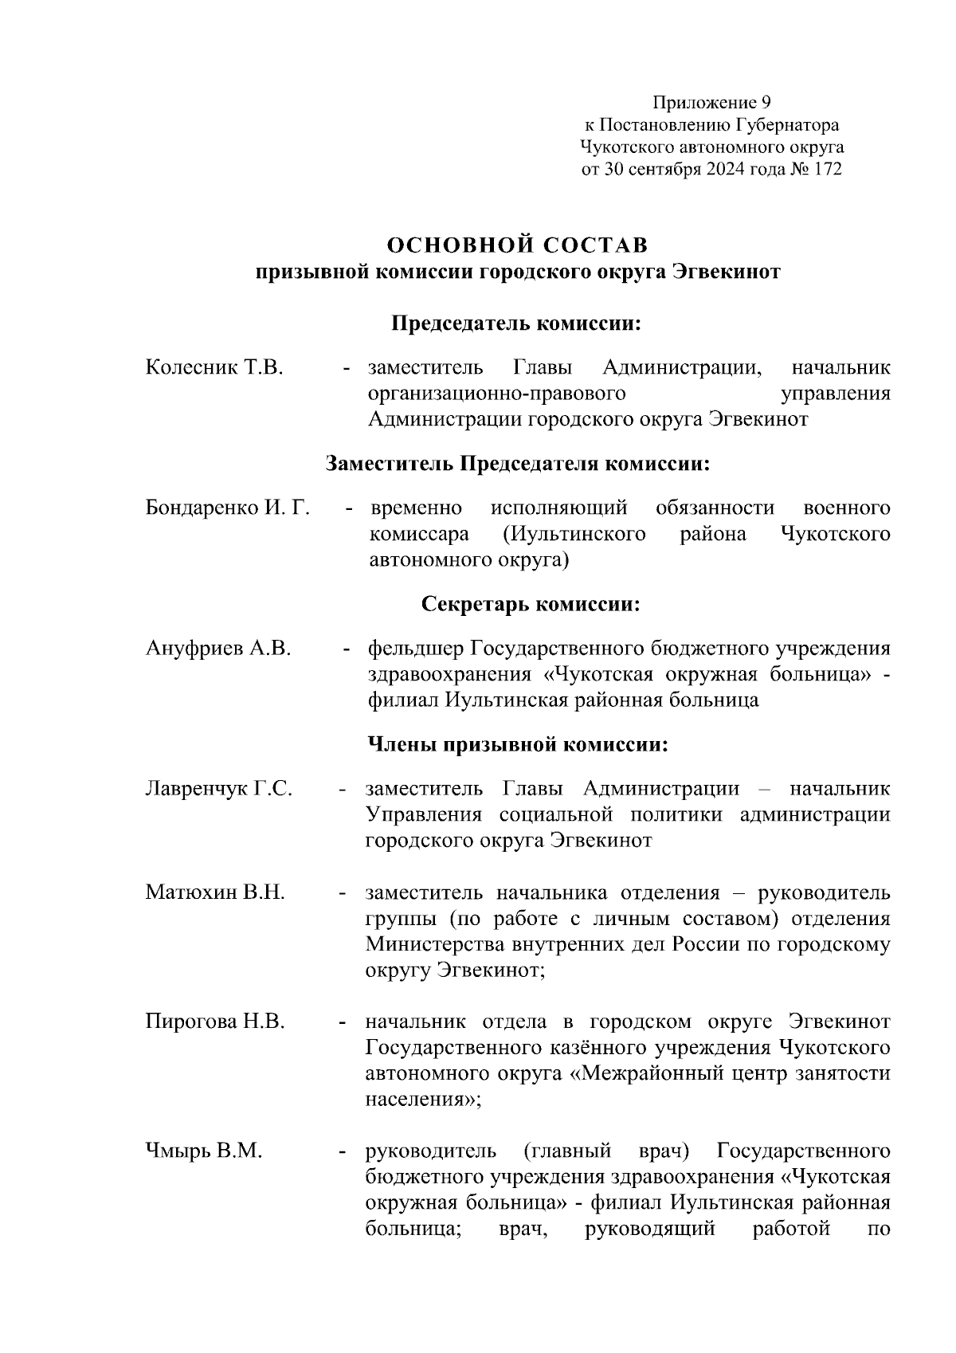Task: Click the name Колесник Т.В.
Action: click(x=214, y=368)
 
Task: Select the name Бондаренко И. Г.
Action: click(x=227, y=508)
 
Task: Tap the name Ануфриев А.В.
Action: click(x=217, y=649)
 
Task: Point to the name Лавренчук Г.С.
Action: click(x=218, y=789)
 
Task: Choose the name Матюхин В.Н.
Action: click(x=214, y=892)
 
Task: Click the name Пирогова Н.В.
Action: click(x=214, y=1022)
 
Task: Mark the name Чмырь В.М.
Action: click(x=203, y=1151)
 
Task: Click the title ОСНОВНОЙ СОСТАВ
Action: click(x=517, y=244)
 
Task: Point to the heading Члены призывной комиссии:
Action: click(x=517, y=744)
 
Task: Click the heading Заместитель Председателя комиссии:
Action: click(x=517, y=464)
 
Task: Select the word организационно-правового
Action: click(x=496, y=394)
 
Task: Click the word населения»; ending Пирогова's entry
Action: click(x=423, y=1100)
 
